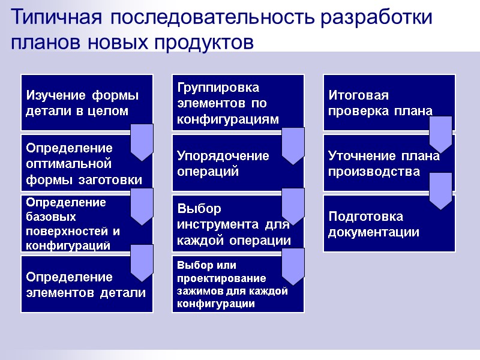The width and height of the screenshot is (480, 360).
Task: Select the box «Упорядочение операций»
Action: tap(228, 163)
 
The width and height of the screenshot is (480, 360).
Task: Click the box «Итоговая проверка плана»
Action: tap(378, 103)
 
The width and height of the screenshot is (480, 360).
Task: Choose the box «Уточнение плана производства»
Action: tap(378, 163)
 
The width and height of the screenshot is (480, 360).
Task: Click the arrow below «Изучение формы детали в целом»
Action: tap(142, 142)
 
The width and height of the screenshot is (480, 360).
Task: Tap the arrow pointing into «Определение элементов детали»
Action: tap(142, 263)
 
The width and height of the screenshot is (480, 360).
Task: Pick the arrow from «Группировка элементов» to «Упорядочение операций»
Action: tap(293, 146)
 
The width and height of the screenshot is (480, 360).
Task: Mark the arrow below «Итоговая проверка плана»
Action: tap(440, 134)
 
